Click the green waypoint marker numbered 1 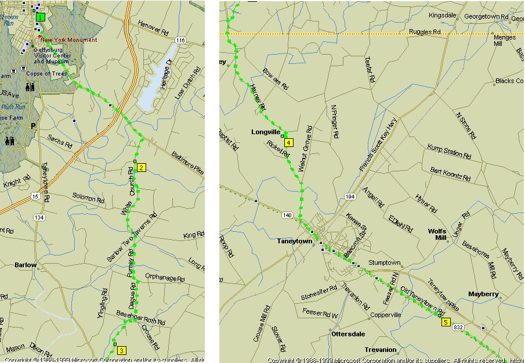[x=39, y=17]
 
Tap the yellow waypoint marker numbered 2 [x=141, y=168]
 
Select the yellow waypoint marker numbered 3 [x=121, y=350]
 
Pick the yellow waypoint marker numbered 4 [x=288, y=142]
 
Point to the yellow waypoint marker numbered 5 [x=446, y=322]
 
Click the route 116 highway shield [x=181, y=40]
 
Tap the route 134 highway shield [x=39, y=217]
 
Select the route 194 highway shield [x=350, y=197]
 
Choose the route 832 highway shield [x=458, y=328]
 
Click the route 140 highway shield [x=287, y=215]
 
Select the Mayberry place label [x=483, y=294]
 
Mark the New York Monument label [x=68, y=39]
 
